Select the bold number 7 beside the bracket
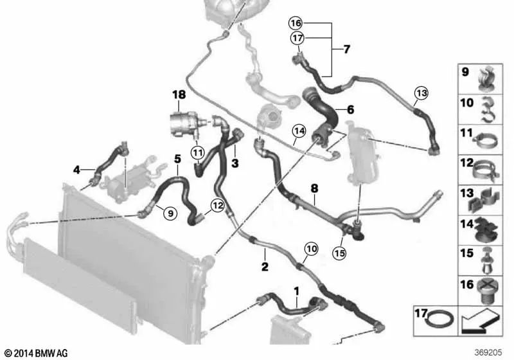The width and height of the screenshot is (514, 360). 346,50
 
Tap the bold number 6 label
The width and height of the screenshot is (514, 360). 350,110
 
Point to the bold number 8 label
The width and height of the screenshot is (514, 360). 314,188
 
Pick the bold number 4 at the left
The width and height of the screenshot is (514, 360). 76,170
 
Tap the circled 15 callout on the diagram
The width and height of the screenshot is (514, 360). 340,253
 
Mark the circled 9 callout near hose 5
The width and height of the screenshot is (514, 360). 169,213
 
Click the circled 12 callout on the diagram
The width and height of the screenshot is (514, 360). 217,206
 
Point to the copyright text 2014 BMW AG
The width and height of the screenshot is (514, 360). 35,353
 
